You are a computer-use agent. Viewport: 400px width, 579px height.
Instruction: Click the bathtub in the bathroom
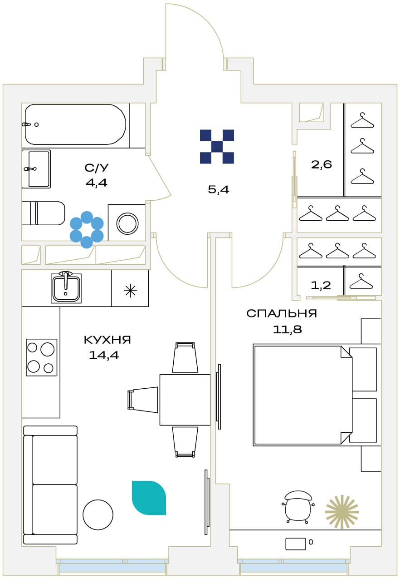[x=75, y=124]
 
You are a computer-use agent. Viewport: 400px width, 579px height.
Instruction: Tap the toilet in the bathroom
[x=44, y=213]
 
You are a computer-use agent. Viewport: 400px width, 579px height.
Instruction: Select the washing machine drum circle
[x=127, y=223]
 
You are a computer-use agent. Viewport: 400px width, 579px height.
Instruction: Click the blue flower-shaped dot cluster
[x=87, y=229]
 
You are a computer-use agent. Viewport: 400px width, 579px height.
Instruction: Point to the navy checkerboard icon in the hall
[x=217, y=147]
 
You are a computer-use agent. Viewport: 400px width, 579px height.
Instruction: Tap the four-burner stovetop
[x=41, y=357]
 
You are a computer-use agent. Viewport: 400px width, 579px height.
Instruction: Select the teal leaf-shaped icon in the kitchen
[x=149, y=498]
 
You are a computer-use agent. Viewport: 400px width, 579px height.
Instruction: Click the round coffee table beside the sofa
[x=98, y=515]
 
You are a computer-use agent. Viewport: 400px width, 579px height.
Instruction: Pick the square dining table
[x=185, y=400]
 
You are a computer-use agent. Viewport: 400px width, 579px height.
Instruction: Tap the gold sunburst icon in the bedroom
[x=342, y=512]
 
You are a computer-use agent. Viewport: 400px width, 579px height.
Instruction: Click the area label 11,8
[x=288, y=330]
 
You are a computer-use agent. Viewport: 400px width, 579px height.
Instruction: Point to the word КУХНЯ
[x=107, y=340]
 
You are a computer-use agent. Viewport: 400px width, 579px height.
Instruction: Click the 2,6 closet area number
[x=321, y=164]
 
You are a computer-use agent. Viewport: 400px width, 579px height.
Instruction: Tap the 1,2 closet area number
[x=321, y=285]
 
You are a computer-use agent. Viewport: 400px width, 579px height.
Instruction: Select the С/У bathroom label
[x=97, y=168]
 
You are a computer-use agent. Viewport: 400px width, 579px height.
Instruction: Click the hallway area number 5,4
[x=219, y=190]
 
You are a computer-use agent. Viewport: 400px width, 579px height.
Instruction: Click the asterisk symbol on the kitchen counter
[x=130, y=291]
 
